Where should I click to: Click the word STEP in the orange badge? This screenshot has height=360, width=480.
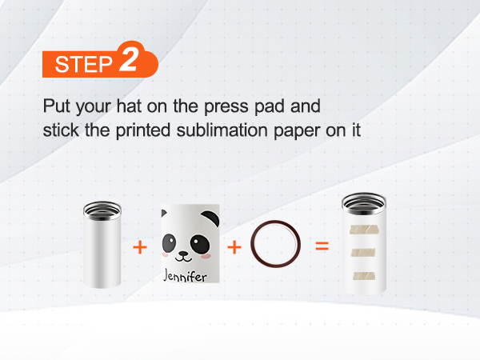point(83,64)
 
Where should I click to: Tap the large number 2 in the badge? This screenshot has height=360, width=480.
point(129,59)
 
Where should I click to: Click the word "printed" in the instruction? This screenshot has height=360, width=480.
point(142,130)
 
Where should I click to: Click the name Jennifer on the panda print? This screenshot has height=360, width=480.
point(186,275)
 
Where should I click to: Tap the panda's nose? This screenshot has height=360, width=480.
point(183,254)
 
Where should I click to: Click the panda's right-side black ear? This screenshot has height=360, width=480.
point(211,217)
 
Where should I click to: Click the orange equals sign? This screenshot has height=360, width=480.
point(322,246)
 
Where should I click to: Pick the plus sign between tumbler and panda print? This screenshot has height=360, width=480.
point(140,247)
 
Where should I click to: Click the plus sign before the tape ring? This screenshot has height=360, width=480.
point(234,247)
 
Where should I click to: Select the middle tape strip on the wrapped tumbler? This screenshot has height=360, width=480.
point(363,253)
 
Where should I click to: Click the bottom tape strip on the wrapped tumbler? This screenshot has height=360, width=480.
point(364,276)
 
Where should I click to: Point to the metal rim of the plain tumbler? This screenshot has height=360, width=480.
point(102,210)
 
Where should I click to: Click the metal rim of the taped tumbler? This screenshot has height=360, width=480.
point(364,202)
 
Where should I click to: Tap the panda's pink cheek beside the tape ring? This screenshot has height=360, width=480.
point(206,255)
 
